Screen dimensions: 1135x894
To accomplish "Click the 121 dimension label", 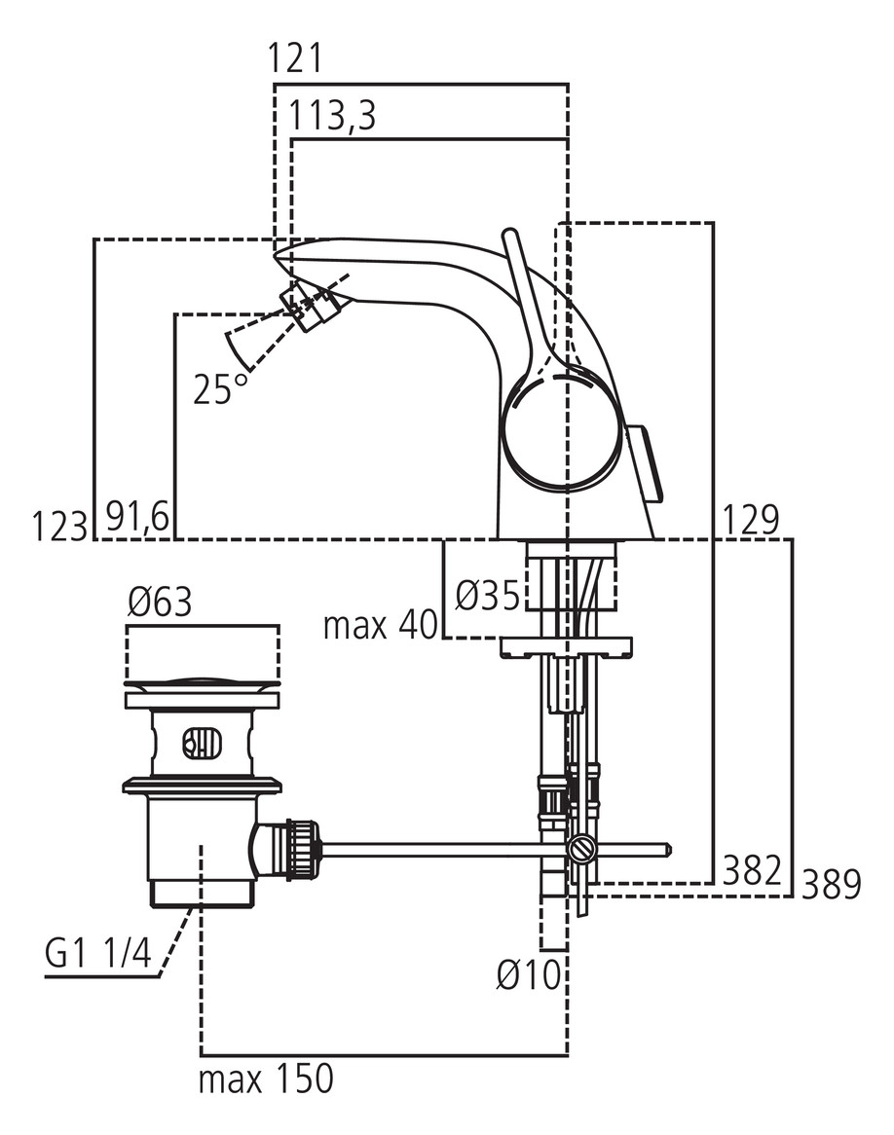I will [295, 60].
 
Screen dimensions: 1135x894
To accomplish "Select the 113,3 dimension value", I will [332, 117].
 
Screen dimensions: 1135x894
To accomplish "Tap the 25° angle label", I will [220, 389].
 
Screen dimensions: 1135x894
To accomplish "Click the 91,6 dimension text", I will [136, 519].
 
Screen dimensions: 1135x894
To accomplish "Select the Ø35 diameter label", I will [488, 595].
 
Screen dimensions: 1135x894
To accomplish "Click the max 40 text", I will [381, 625].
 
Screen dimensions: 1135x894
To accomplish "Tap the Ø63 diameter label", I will [160, 604].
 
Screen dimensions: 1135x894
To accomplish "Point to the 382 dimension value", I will [752, 868].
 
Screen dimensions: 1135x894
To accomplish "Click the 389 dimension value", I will [831, 886].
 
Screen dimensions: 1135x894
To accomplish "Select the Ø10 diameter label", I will [529, 974].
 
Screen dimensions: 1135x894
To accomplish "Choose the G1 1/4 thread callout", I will [98, 955].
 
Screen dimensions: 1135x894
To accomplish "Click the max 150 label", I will [266, 1080].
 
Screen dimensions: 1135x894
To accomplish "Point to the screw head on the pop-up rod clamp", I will [582, 850].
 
